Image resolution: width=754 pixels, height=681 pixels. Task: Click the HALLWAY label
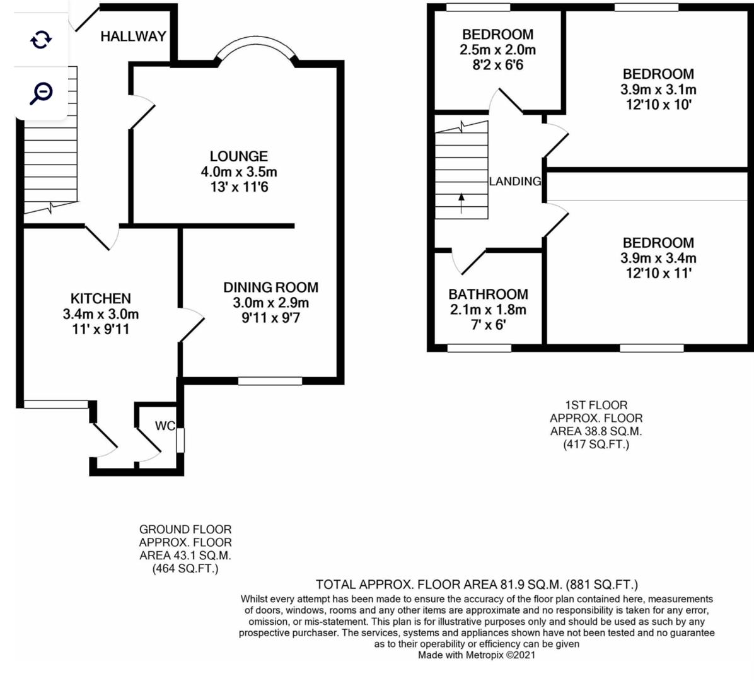tap(133, 37)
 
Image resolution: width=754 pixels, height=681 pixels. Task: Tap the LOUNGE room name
tap(238, 156)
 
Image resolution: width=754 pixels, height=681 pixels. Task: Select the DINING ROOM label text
tap(270, 288)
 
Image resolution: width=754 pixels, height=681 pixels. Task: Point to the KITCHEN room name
tap(100, 299)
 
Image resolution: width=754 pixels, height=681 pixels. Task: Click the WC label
tap(165, 426)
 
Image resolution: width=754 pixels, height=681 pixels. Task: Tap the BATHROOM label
tap(488, 294)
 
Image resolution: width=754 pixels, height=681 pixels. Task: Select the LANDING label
tap(515, 182)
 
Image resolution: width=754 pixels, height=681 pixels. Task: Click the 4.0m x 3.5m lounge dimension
tap(238, 172)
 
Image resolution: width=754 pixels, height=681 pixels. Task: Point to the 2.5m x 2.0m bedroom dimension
tap(497, 50)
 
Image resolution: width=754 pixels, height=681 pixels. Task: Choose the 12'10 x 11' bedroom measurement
tap(658, 274)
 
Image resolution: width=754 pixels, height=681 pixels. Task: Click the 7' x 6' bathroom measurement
tap(488, 325)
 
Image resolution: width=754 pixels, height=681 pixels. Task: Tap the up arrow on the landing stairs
tap(461, 203)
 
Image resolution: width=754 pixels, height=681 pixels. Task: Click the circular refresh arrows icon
tap(41, 40)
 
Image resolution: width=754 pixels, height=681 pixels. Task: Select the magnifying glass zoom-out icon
tap(41, 93)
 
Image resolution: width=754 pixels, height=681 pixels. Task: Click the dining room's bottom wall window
tap(270, 380)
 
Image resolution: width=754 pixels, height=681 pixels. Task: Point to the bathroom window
tap(479, 347)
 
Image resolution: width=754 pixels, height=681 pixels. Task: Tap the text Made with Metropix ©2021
tap(477, 655)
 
